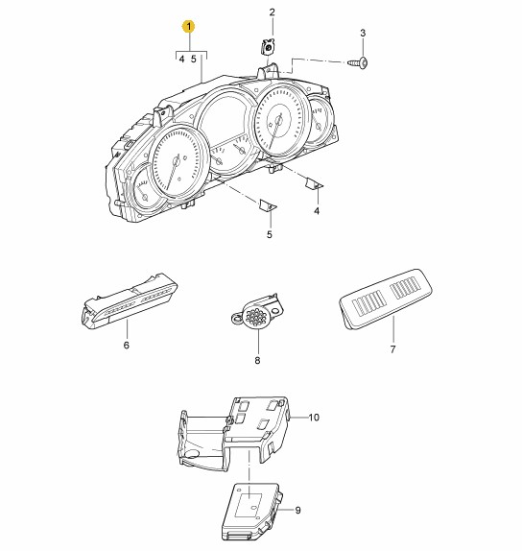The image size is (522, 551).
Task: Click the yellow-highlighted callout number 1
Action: [189, 26]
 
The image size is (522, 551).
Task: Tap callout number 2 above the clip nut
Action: [273, 12]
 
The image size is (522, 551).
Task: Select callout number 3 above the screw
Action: [363, 33]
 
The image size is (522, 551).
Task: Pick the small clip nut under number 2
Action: [268, 46]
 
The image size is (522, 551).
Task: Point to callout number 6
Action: [127, 345]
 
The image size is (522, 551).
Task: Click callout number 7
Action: [392, 349]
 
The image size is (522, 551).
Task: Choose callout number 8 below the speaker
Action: [257, 360]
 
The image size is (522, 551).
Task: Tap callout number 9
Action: [297, 510]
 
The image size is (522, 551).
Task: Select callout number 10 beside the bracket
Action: [314, 418]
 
